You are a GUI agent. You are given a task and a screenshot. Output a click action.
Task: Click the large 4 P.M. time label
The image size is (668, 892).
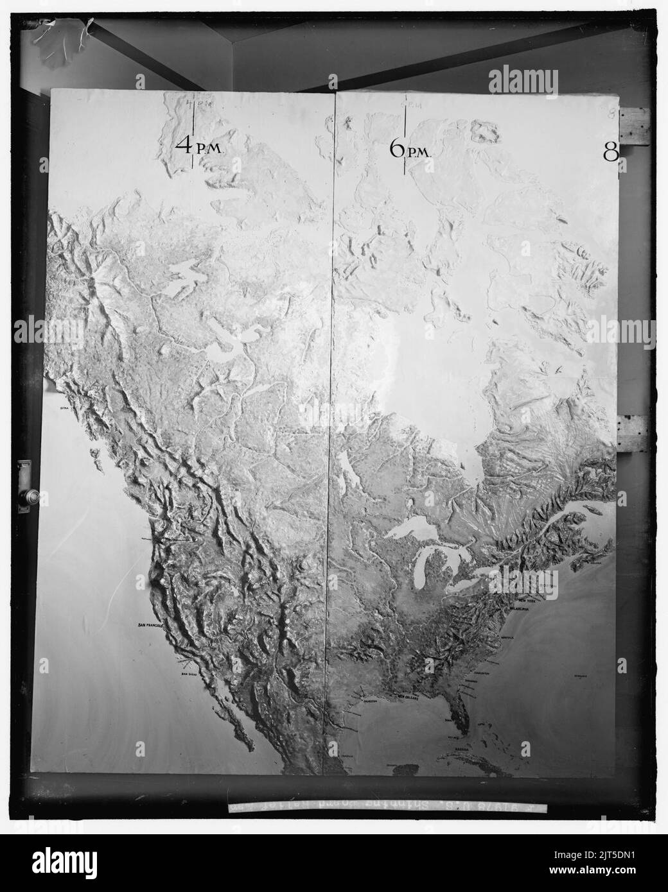point(198,147)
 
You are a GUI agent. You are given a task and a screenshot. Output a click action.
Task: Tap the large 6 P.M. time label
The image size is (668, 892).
point(410,150)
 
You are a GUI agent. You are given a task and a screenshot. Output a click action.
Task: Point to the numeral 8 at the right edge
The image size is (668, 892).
point(611,151)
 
